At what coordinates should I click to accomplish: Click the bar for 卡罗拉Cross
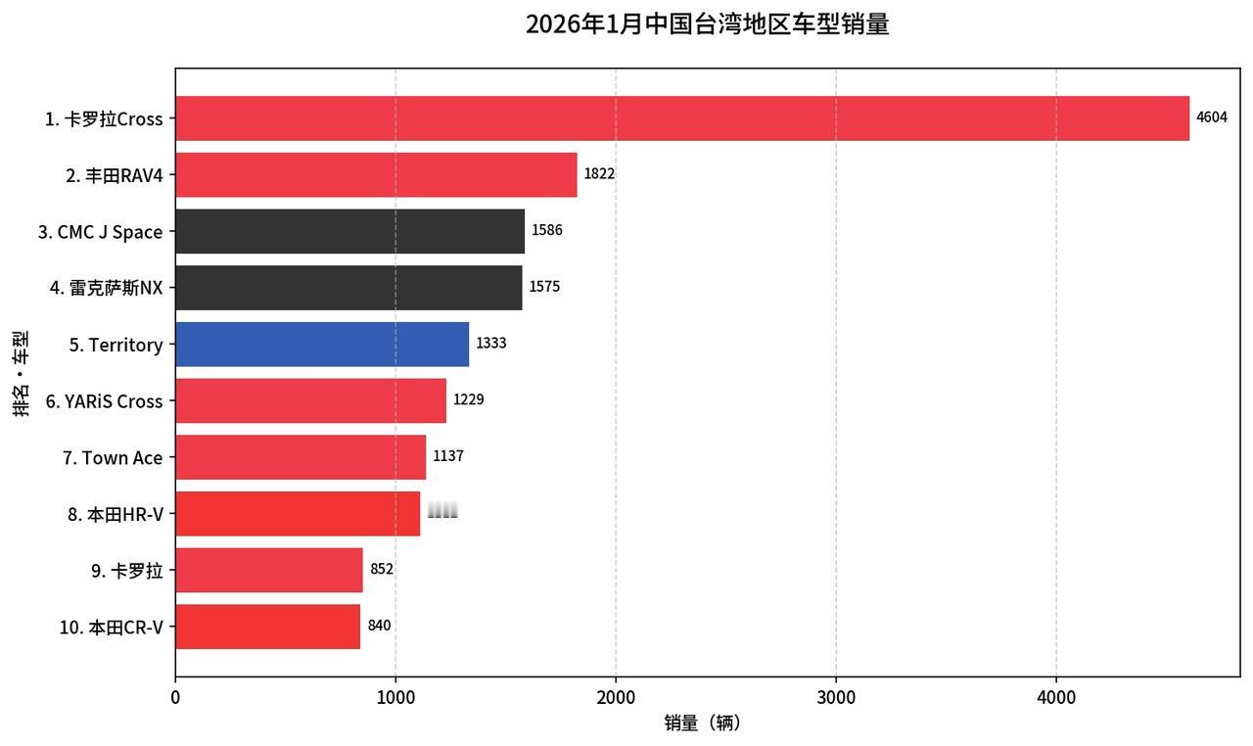pos(682,118)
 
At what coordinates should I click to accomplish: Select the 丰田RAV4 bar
pos(376,175)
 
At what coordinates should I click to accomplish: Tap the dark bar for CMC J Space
pos(349,232)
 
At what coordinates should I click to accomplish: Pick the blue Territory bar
pos(322,345)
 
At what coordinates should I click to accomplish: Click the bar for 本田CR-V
pos(267,627)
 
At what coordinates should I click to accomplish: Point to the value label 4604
pos(1211,118)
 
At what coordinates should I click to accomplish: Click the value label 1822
pos(599,174)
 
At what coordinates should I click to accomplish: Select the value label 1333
pos(491,344)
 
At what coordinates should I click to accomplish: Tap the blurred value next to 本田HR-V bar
pos(442,510)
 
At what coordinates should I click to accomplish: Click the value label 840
pos(379,626)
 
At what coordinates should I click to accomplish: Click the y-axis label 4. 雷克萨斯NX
pos(107,288)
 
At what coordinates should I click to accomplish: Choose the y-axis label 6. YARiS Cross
pos(104,401)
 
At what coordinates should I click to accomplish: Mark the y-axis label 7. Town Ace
pos(113,458)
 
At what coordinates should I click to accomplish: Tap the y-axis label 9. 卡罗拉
pos(127,571)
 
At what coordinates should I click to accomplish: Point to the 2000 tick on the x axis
pos(615,697)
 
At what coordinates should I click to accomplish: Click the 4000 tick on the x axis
pos(1055,697)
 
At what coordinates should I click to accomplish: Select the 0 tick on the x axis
pos(175,697)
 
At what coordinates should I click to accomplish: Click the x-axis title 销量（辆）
pos(703,723)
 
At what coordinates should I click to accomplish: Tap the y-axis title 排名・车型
pos(21,373)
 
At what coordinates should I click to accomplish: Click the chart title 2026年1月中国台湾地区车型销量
pos(707,24)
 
